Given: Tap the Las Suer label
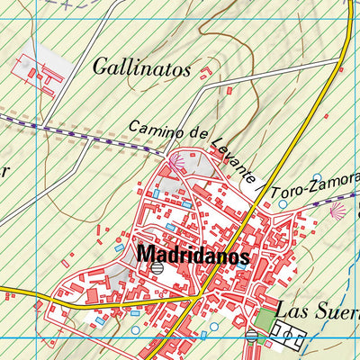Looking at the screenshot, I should (x=317, y=312).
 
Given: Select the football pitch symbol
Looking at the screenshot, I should (x=286, y=338).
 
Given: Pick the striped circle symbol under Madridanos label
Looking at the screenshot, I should (x=157, y=268).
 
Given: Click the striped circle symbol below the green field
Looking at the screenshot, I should (x=251, y=337).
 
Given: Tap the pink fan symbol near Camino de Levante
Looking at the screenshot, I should (x=175, y=162).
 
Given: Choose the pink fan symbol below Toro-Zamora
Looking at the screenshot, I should (x=337, y=211).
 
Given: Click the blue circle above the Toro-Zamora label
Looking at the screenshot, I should (x=317, y=178).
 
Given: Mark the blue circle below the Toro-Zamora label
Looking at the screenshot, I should (x=283, y=204).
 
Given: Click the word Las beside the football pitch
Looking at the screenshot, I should (x=291, y=312).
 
